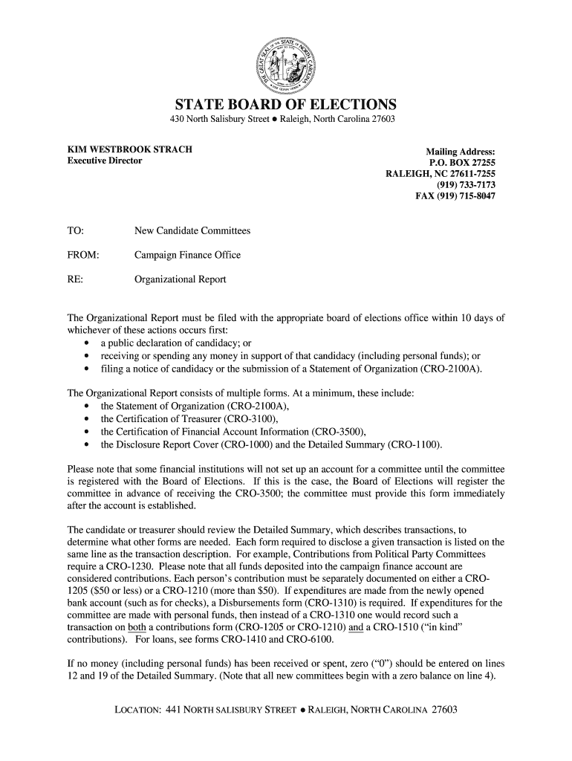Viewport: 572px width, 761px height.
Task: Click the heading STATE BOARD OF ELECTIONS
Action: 285,105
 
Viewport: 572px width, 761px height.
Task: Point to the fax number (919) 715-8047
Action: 455,196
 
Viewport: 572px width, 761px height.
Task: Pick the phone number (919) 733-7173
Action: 466,185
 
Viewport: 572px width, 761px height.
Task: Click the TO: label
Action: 77,231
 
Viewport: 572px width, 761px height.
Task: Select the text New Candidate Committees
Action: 192,231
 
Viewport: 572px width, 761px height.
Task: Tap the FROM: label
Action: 83,256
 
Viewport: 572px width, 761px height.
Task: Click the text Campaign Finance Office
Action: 187,256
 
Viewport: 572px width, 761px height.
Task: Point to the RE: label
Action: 76,280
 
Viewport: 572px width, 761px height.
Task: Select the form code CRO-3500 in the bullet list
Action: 337,432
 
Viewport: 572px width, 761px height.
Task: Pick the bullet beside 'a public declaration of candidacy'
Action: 88,343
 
